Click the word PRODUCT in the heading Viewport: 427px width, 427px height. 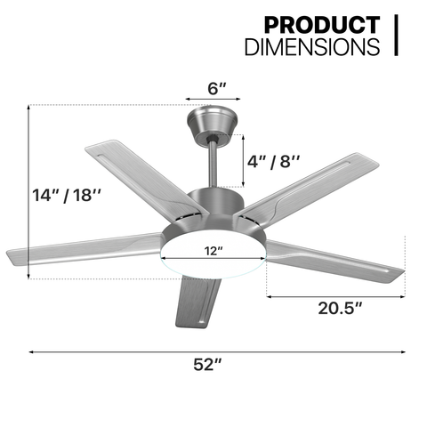pyautogui.click(x=322, y=25)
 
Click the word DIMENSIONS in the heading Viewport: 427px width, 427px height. pyautogui.click(x=312, y=46)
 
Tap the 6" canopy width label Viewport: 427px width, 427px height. pyautogui.click(x=217, y=88)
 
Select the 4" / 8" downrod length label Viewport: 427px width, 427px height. pyautogui.click(x=273, y=162)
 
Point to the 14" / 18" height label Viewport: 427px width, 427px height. pyautogui.click(x=67, y=196)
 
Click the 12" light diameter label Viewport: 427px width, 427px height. pyautogui.click(x=213, y=251)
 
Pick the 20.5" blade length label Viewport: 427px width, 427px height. pyautogui.click(x=340, y=308)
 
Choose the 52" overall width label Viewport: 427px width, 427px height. pyautogui.click(x=207, y=365)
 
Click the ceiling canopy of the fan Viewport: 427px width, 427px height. pyautogui.click(x=212, y=124)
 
